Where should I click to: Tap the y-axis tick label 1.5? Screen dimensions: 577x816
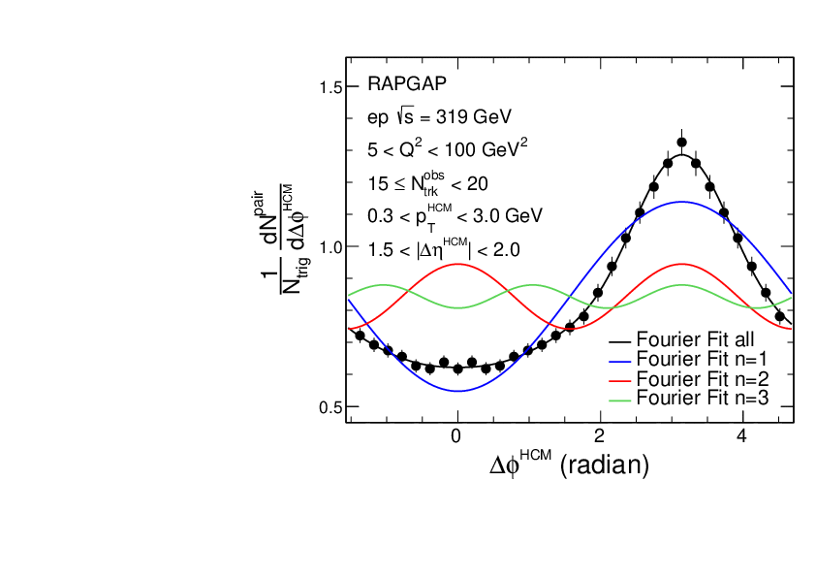point(331,88)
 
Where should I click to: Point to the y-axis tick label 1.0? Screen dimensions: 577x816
point(331,247)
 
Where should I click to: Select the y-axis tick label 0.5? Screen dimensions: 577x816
point(331,406)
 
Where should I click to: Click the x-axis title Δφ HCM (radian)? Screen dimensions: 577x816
point(569,465)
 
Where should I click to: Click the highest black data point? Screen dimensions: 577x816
point(681,142)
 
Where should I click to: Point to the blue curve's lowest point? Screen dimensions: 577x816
point(457,391)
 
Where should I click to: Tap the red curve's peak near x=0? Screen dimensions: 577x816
point(457,264)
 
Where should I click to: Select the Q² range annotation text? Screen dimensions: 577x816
point(447,149)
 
